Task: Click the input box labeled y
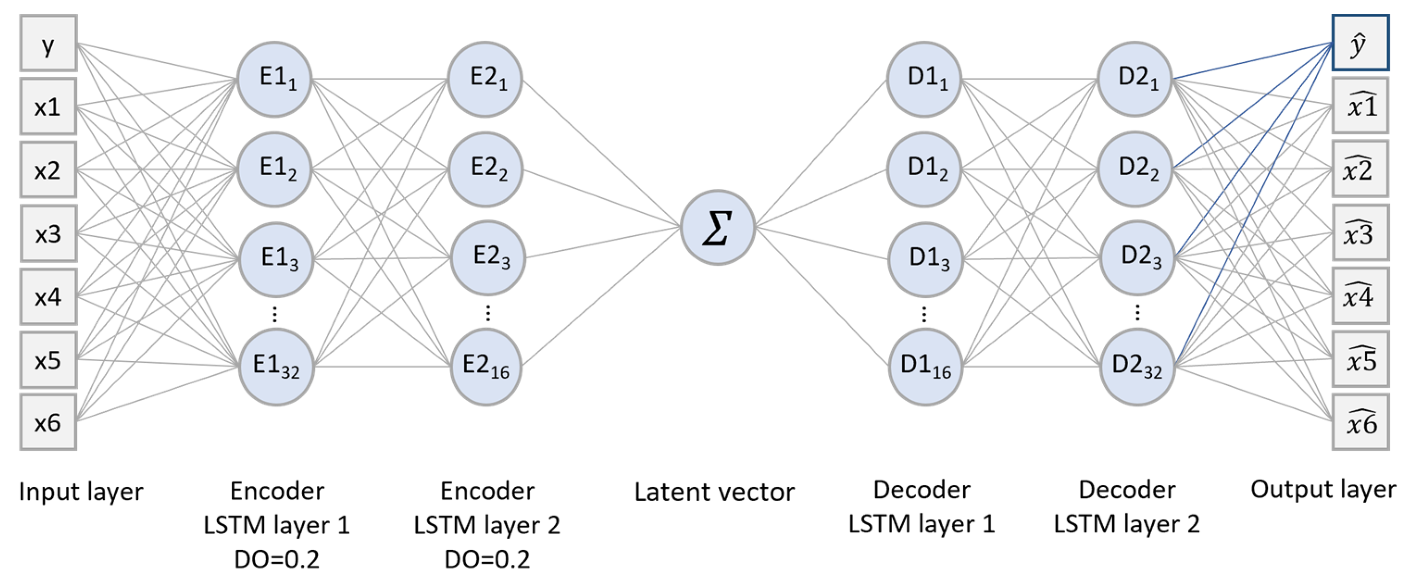click(x=48, y=43)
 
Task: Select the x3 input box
click(x=48, y=234)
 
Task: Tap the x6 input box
click(x=48, y=422)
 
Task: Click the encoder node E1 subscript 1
click(x=275, y=79)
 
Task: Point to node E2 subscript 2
click(x=485, y=169)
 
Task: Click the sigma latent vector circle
click(x=717, y=227)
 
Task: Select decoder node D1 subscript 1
click(x=924, y=79)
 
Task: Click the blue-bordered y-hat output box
click(x=1360, y=43)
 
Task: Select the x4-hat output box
click(x=1360, y=296)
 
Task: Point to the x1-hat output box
click(x=1360, y=106)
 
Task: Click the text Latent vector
click(x=714, y=492)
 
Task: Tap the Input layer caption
click(x=81, y=492)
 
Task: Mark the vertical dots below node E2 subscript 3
click(x=488, y=313)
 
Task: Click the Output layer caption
click(x=1323, y=489)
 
